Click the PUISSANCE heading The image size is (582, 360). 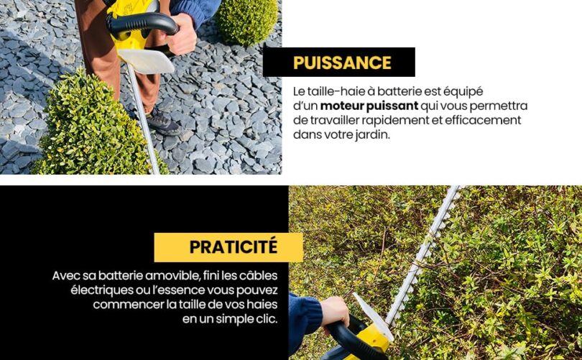pyautogui.click(x=341, y=63)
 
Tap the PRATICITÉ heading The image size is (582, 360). pyautogui.click(x=233, y=247)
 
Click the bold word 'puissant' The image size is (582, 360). pyautogui.click(x=393, y=106)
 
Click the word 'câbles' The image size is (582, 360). pyautogui.click(x=259, y=276)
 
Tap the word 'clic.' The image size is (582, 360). pyautogui.click(x=262, y=318)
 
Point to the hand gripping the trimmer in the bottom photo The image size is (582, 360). pyautogui.click(x=335, y=312)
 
